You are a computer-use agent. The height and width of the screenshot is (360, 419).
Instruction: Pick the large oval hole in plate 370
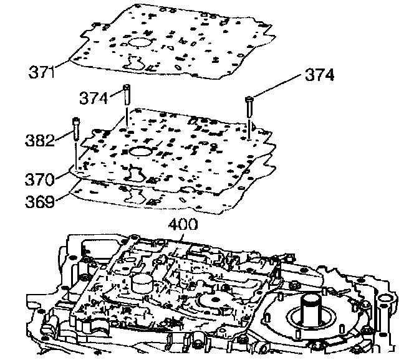point(142,152)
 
